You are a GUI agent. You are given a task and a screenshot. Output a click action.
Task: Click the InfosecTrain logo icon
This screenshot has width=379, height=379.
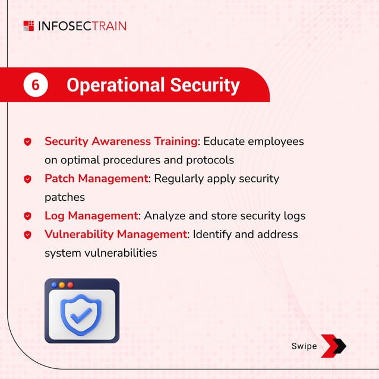28,26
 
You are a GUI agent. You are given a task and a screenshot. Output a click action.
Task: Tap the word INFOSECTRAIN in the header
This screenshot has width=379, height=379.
81,26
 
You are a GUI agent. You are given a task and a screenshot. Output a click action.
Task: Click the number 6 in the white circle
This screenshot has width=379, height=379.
35,85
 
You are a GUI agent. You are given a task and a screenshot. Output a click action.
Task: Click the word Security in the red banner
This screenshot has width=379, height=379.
205,85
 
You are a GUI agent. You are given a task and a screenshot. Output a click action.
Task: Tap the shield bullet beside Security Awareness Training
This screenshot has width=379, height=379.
27,142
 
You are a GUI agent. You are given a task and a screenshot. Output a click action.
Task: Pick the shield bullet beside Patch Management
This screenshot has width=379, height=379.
27,179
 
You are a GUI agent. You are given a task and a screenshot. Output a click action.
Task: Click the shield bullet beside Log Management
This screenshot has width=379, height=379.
27,216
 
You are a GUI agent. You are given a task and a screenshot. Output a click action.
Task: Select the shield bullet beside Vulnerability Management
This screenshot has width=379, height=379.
27,235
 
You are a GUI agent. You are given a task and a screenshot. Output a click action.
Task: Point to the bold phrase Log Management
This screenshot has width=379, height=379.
91,216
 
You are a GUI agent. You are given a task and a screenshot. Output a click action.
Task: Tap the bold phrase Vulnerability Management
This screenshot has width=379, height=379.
116,234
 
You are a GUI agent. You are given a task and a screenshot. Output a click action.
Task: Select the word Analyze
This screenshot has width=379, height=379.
165,216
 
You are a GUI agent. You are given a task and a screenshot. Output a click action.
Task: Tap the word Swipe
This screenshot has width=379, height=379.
304,346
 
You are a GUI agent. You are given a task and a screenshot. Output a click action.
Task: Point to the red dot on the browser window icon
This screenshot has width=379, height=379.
70,285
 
